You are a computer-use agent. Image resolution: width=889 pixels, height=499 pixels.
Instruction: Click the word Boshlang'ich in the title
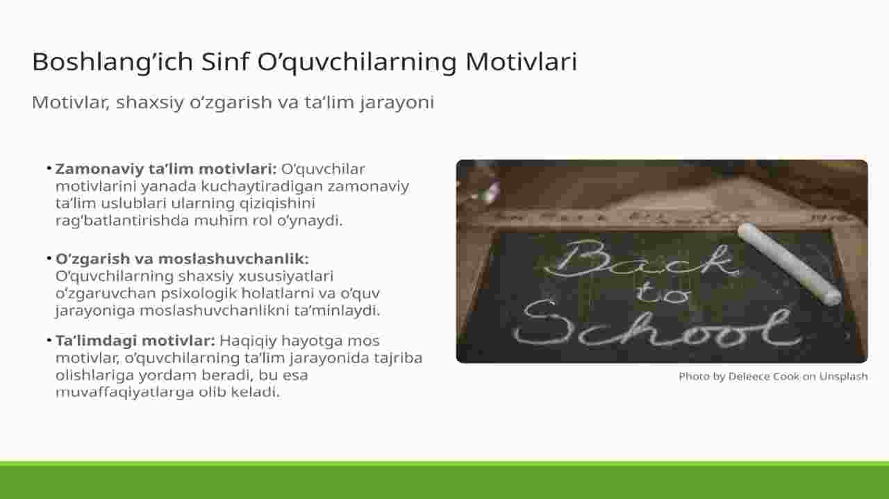(113, 62)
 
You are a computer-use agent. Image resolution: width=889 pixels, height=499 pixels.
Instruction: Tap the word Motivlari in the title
(521, 62)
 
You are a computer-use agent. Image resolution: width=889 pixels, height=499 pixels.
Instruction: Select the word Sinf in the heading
(225, 62)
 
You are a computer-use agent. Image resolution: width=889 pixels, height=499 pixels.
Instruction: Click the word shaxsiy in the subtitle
(150, 103)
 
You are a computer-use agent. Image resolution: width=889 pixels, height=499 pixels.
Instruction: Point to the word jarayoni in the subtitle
(397, 103)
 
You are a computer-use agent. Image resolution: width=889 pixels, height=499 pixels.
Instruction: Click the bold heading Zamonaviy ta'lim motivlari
(166, 169)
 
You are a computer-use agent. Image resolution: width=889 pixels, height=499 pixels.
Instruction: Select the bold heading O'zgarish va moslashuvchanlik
(182, 259)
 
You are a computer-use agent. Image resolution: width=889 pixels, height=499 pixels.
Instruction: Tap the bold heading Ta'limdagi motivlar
(135, 340)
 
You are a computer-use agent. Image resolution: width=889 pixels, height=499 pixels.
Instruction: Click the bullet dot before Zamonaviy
(49, 169)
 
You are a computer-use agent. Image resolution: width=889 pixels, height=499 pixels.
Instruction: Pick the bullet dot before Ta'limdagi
(49, 340)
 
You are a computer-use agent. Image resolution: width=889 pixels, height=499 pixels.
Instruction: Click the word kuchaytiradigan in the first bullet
(262, 187)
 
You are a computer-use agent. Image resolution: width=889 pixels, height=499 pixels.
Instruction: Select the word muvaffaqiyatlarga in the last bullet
(124, 392)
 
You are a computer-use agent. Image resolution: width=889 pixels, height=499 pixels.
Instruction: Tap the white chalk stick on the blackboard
(790, 264)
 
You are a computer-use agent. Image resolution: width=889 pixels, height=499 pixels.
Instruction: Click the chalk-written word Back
(641, 259)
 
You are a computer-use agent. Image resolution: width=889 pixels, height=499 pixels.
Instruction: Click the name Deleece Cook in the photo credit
(763, 376)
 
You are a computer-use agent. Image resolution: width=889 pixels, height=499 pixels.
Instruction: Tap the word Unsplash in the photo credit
(843, 376)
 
